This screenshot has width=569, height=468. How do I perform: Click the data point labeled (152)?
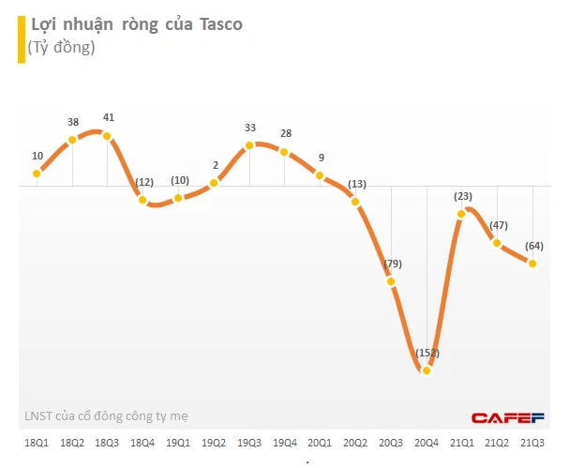(427, 370)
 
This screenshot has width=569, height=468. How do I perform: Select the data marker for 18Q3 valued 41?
(107, 136)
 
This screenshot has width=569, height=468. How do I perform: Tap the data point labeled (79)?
(391, 281)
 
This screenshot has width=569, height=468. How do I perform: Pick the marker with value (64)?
(532, 264)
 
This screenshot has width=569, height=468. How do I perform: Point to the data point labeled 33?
(249, 145)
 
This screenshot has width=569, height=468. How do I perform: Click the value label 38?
(73, 123)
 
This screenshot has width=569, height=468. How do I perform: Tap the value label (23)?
(462, 196)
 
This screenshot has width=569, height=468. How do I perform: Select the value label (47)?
(499, 225)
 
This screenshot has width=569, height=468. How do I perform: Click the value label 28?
(285, 134)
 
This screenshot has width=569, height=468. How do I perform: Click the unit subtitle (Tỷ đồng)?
(62, 47)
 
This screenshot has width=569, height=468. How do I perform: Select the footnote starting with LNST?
(112, 415)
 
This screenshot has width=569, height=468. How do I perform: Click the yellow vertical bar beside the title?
(21, 36)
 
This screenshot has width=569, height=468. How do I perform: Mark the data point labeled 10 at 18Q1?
(37, 174)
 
